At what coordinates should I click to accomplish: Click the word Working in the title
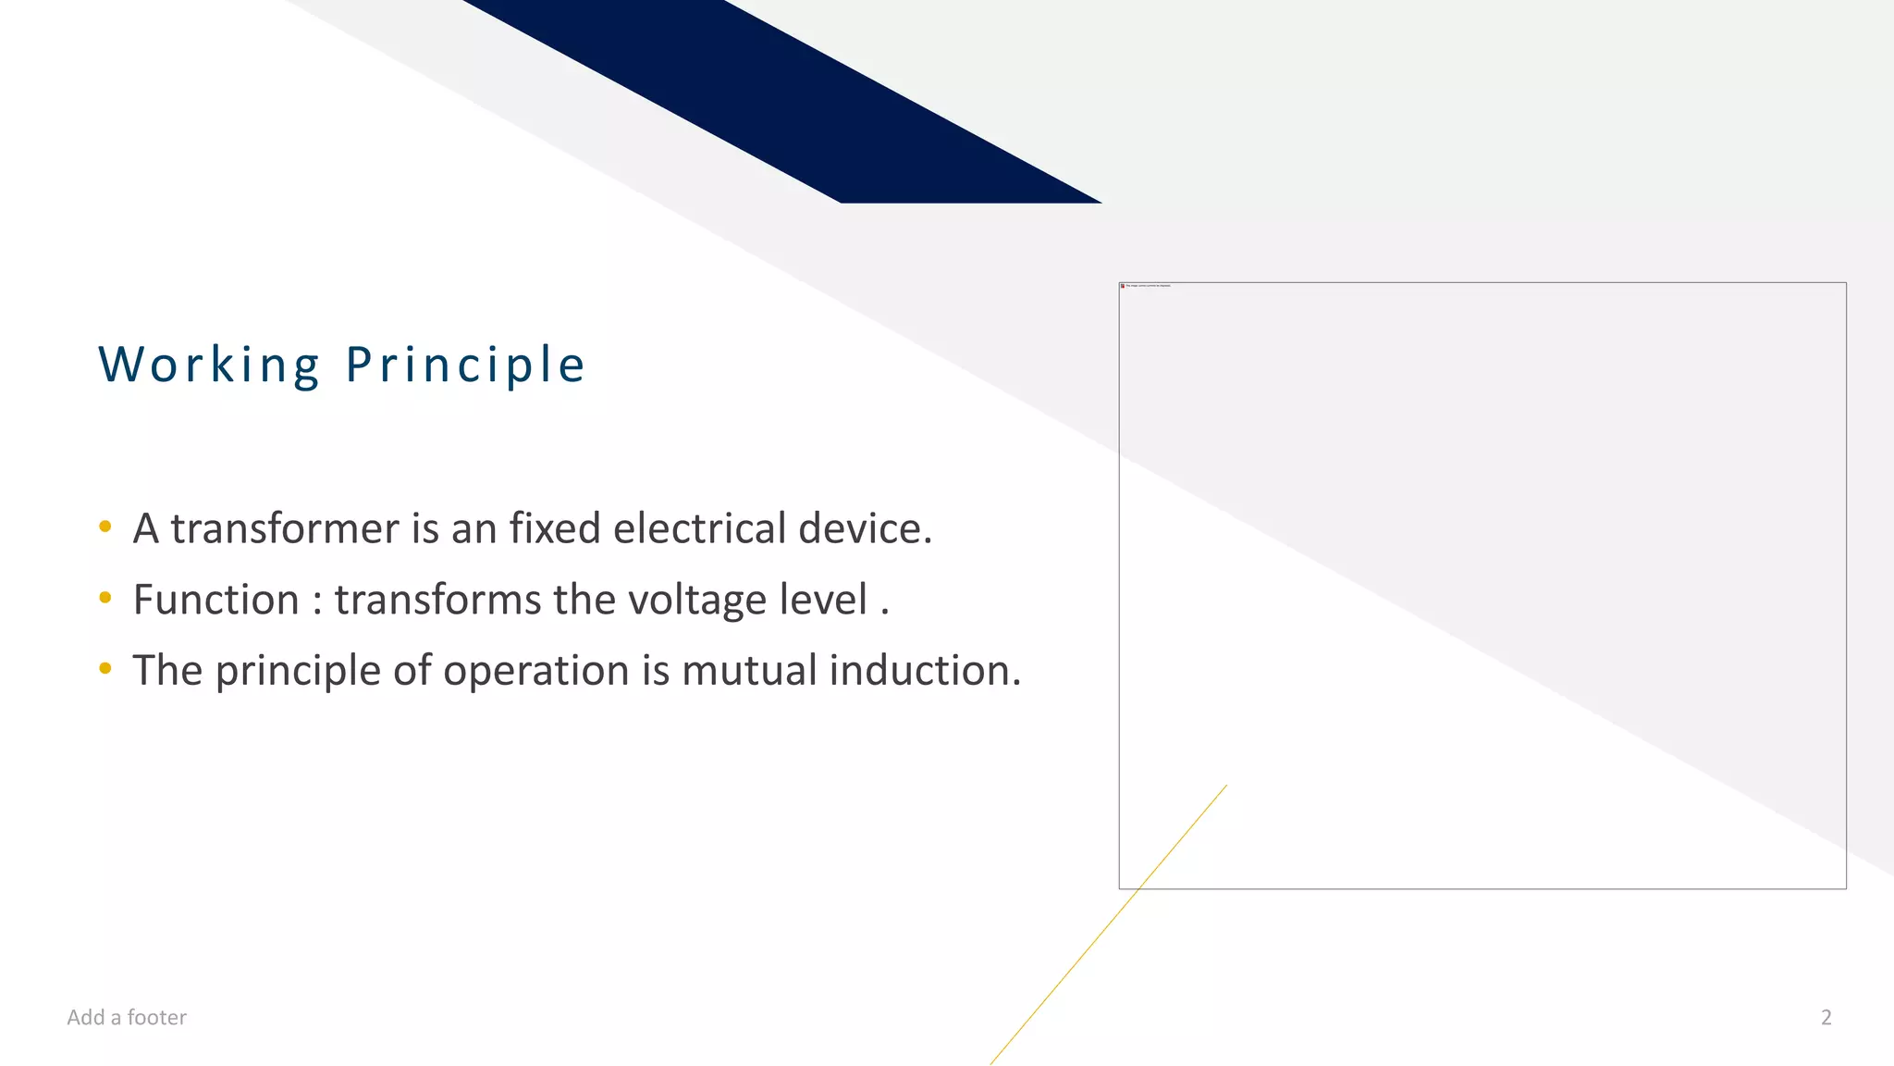tap(210, 365)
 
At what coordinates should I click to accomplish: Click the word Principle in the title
tap(465, 365)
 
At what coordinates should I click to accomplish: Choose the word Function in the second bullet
tap(215, 601)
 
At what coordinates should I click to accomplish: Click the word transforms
tap(437, 601)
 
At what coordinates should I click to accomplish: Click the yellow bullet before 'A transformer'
tap(105, 527)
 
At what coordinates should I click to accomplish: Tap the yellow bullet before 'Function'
tap(105, 598)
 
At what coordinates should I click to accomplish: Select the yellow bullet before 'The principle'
tap(105, 668)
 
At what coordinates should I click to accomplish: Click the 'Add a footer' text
tap(127, 1018)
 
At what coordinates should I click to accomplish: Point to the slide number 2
tap(1826, 1018)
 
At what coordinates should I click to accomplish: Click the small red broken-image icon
tap(1123, 286)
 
